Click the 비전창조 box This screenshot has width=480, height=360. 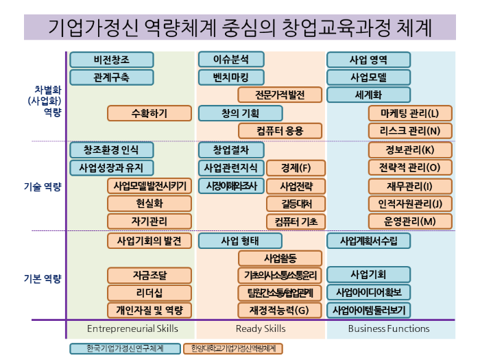pos(111,60)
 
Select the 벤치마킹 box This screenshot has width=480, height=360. pos(231,77)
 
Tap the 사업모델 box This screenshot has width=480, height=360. pos(369,77)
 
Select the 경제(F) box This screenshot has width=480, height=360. pos(296,167)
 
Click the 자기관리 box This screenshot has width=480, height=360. pos(149,221)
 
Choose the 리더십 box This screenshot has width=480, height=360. pos(149,293)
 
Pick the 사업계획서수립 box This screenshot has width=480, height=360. pos(369,241)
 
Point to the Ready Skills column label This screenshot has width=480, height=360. pos(261,329)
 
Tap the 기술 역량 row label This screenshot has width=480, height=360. pos(43,186)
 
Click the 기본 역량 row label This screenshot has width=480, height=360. pos(43,278)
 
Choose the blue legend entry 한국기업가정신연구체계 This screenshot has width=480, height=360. pos(125,348)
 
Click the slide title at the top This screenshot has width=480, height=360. pos(240,28)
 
